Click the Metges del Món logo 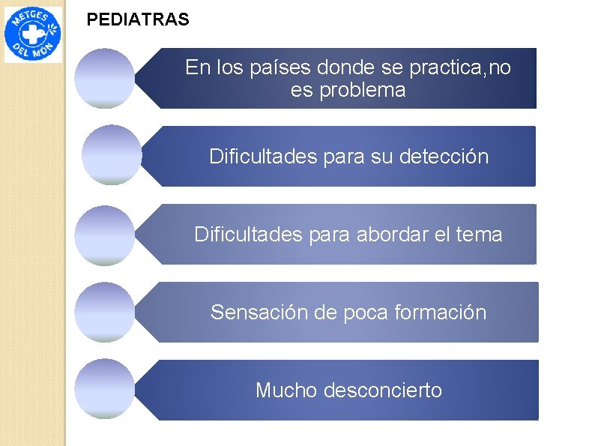pyautogui.click(x=34, y=34)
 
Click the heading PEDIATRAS pyautogui.click(x=138, y=20)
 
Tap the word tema pyautogui.click(x=480, y=235)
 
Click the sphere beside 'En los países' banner pyautogui.click(x=105, y=79)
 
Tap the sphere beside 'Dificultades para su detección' pyautogui.click(x=111, y=155)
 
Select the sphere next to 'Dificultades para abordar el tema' pyautogui.click(x=105, y=235)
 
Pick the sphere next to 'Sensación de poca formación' pyautogui.click(x=105, y=313)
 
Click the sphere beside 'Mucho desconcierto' pyautogui.click(x=105, y=389)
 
